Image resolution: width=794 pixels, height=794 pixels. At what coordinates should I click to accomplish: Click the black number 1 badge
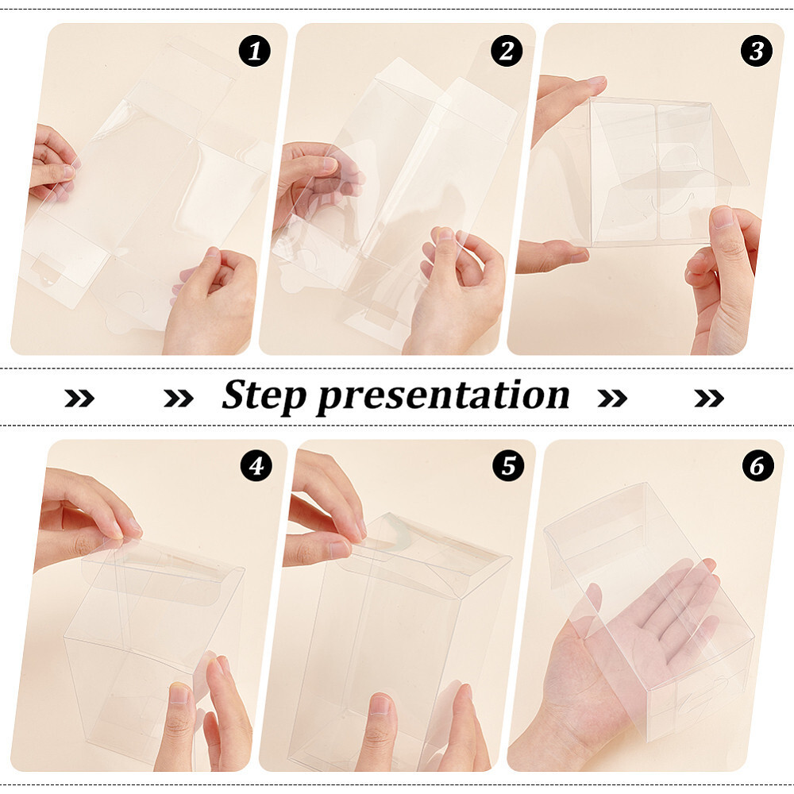click(255, 52)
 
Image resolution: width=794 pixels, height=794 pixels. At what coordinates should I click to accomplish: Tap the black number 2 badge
click(507, 52)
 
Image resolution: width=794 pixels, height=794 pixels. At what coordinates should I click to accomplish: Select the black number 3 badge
click(757, 52)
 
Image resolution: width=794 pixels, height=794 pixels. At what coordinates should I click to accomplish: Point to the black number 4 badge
click(255, 467)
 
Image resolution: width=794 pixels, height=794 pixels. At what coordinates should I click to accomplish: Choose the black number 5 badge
click(507, 467)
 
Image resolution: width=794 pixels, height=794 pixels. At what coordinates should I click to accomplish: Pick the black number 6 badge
click(757, 467)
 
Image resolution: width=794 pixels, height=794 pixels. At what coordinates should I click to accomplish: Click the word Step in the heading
click(262, 395)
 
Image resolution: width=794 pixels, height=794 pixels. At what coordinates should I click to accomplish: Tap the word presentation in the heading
click(443, 395)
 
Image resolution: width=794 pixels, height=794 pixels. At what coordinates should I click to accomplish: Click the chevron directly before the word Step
click(178, 398)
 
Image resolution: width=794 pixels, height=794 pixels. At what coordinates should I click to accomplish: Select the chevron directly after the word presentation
click(611, 398)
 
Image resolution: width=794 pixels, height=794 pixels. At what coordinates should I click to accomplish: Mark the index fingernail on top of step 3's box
click(594, 82)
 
